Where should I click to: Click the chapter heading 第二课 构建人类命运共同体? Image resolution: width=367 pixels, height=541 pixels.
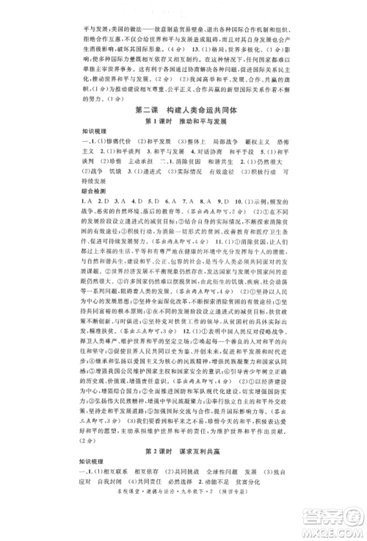[x=183, y=109]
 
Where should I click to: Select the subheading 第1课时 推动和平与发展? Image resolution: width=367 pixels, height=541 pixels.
[x=183, y=122]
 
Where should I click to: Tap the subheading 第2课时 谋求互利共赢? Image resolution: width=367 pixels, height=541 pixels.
[x=183, y=432]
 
